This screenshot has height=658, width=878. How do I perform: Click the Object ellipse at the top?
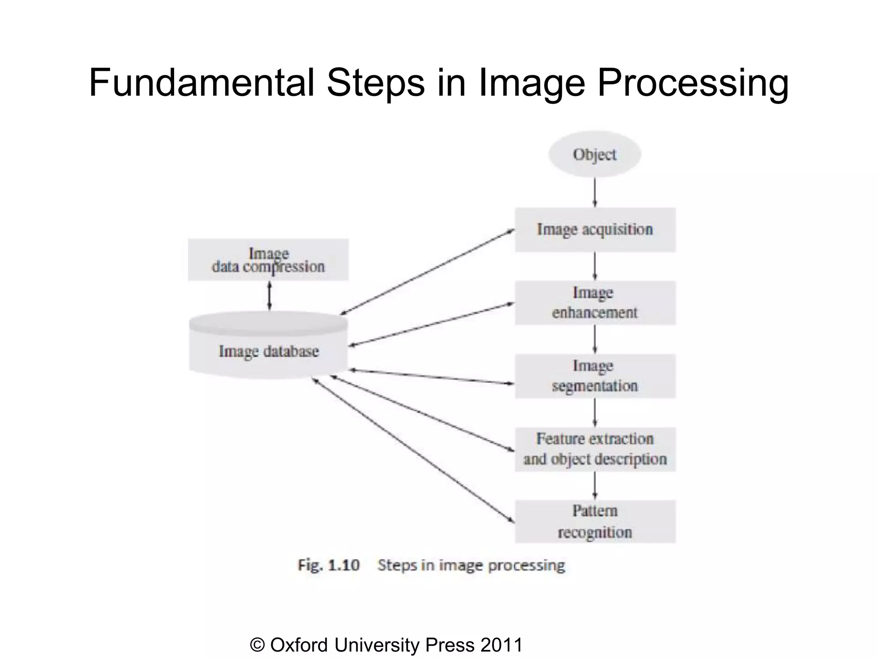point(595,154)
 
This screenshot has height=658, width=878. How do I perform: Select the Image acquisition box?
point(595,230)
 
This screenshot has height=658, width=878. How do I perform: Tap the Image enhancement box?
point(595,303)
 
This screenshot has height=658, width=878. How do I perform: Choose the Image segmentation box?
point(595,376)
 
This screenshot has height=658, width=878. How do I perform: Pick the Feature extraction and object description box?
point(595,449)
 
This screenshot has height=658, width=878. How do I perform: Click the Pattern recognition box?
point(595,522)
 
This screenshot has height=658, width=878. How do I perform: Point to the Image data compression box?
point(268,260)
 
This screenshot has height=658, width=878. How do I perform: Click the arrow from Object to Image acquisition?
point(595,192)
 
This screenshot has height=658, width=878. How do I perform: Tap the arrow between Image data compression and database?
point(269,296)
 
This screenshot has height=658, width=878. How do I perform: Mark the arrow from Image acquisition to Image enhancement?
point(595,266)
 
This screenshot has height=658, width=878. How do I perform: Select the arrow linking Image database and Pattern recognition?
point(414,450)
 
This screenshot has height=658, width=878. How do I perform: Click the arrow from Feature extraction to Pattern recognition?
point(595,486)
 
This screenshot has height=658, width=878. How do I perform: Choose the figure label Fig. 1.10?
point(328,565)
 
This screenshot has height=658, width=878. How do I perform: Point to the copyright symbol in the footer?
point(257,645)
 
